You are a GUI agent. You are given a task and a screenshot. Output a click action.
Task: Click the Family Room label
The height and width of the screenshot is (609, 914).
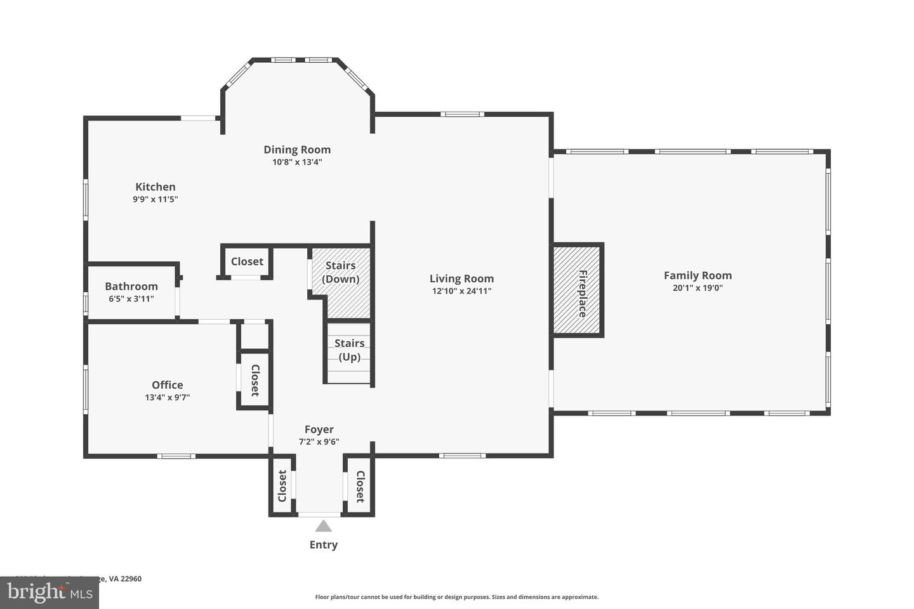pos(698,275)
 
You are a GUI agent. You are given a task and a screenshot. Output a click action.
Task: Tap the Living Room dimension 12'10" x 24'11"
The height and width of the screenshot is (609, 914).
pos(461,291)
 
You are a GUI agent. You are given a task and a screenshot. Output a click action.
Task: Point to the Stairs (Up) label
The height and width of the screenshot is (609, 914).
pos(349,350)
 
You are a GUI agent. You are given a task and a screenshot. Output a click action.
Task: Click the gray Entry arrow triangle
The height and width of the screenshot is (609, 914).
pos(324,526)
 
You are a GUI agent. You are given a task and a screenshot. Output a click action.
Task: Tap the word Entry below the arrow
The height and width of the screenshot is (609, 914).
pos(324,544)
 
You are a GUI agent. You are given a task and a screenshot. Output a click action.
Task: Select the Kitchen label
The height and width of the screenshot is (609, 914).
pos(156,187)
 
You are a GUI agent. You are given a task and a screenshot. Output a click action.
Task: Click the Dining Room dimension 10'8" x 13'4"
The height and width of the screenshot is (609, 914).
pos(297,162)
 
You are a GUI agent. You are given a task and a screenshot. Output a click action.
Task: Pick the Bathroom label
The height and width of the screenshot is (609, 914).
pos(131,286)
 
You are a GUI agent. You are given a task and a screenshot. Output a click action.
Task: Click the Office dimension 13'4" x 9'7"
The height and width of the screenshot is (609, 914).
pos(168,398)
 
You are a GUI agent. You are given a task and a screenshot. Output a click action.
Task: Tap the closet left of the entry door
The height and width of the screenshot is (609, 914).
pos(282,485)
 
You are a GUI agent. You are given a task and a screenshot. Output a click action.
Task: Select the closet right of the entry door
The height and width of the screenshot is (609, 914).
pos(359,486)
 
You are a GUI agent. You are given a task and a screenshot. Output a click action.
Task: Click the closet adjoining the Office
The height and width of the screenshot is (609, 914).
pos(255,380)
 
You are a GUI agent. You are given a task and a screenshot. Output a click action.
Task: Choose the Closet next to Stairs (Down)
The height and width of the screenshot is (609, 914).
pos(247,261)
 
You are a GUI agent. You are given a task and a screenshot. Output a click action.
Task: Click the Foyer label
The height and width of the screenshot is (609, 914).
pos(319,429)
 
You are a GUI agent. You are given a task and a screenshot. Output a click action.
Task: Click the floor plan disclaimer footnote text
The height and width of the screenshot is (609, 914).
pos(456,597)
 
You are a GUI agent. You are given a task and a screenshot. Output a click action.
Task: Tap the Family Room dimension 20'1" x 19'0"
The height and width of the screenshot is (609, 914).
pos(698,288)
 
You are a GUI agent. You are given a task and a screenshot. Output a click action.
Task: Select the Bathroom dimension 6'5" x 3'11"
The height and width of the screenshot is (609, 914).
pos(131,299)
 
